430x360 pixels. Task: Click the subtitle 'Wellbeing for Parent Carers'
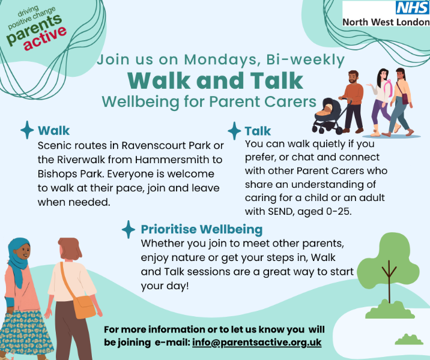click(209, 101)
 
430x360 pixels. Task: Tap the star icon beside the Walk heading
click(27, 130)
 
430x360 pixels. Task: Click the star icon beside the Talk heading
click(234, 130)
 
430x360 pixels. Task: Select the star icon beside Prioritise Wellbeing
click(128, 229)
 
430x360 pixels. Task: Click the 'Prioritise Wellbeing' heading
click(201, 229)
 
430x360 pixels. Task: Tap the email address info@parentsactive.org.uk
click(257, 343)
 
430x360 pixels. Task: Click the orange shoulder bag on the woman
click(84, 307)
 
